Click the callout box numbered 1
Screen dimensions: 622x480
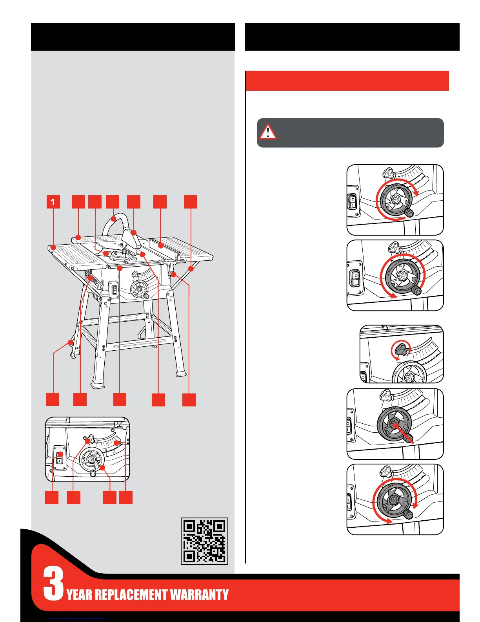53,202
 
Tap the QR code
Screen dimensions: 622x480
204,541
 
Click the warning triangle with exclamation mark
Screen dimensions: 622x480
268,132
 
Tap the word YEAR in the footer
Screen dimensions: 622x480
80,595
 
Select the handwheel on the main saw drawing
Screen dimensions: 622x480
139,290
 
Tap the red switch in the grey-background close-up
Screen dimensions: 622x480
60,456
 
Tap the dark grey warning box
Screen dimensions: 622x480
350,133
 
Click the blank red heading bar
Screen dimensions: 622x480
347,80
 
